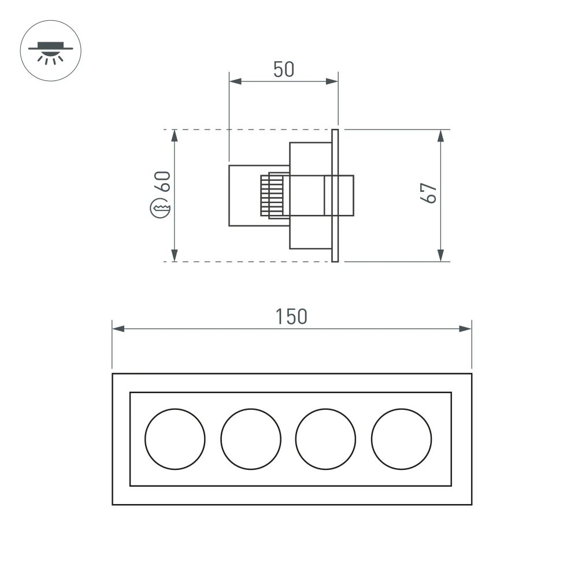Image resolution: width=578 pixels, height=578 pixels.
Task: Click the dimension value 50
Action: (x=284, y=69)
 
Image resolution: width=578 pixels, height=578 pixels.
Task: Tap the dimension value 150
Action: (x=291, y=317)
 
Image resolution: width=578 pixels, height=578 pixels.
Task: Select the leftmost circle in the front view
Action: (x=175, y=439)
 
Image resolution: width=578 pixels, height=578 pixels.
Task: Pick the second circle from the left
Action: (x=251, y=439)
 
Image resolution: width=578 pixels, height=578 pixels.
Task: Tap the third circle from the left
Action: (x=326, y=439)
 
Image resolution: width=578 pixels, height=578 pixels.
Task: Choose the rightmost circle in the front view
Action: (x=402, y=439)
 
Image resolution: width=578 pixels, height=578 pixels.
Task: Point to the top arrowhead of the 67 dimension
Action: (x=440, y=136)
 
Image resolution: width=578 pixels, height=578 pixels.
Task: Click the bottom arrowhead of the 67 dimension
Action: (x=440, y=255)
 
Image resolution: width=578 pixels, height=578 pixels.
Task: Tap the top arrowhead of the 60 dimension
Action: (x=175, y=136)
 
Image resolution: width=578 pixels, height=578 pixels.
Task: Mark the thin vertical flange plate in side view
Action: (x=335, y=195)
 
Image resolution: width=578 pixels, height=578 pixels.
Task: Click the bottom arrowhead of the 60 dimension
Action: (x=175, y=255)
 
